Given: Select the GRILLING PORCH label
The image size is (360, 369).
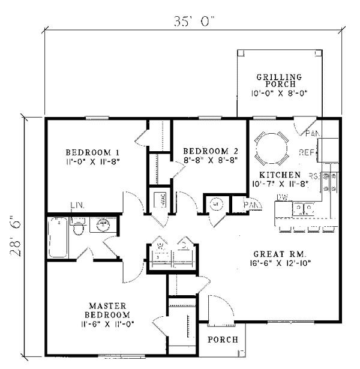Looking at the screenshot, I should click(279, 80).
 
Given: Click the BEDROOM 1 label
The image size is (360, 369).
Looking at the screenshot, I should click(88, 152).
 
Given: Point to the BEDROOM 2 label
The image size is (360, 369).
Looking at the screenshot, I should click(207, 151).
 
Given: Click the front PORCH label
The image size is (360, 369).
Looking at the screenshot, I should click(223, 340).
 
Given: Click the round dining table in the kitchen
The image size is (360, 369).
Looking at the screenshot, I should click(271, 147).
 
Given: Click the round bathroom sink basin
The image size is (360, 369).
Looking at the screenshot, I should click(103, 225).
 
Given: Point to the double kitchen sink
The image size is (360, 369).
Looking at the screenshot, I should click(302, 208).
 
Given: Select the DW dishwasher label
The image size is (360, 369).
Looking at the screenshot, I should click(281, 197).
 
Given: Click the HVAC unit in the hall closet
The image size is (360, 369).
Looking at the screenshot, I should click(161, 200).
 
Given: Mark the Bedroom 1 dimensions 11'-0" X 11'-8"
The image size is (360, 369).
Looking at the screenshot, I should click(90, 161).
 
